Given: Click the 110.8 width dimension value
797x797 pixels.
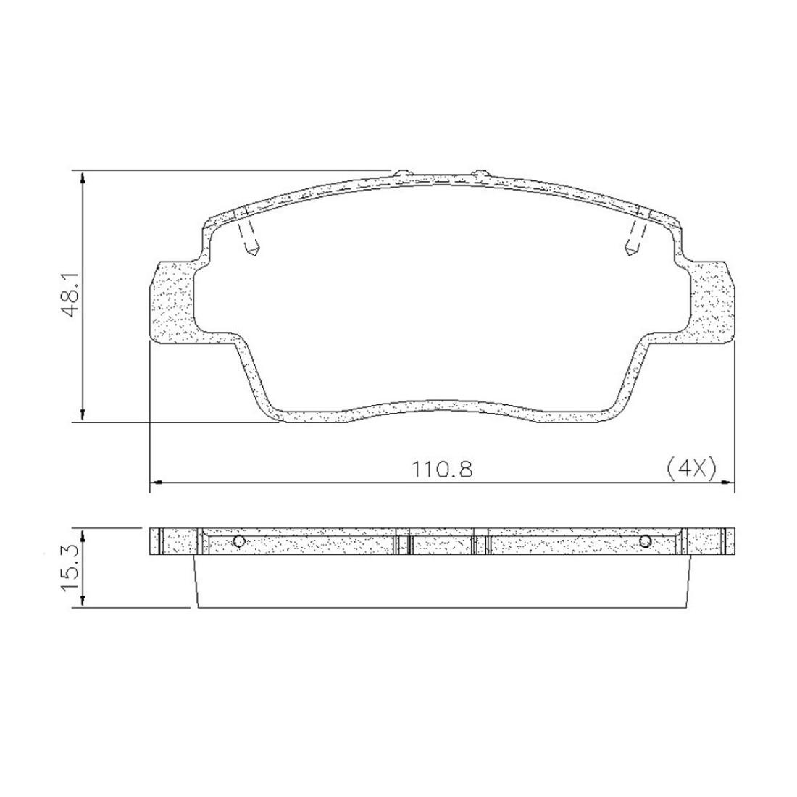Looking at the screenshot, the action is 442,470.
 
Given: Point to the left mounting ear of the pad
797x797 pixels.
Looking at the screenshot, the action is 173,302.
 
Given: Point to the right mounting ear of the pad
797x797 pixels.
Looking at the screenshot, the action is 712,302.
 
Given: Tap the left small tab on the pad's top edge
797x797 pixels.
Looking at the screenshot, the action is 403,174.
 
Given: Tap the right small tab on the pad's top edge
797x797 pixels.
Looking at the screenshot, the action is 481,174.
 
